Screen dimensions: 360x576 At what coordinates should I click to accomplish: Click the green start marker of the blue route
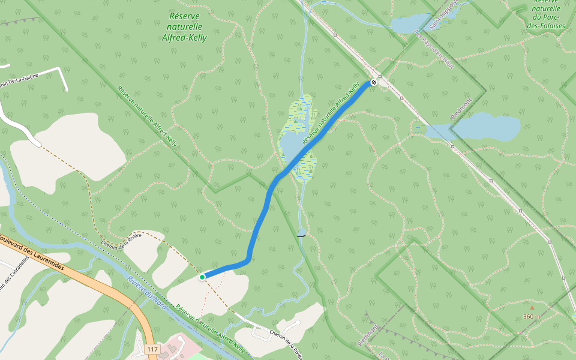[x=203, y=277]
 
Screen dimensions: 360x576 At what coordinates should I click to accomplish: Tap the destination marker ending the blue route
[x=374, y=82]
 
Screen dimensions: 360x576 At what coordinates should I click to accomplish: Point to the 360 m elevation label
[x=532, y=316]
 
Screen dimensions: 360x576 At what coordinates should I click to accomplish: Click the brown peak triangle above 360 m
[x=532, y=308]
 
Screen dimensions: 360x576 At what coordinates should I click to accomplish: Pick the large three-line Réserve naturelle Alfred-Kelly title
[x=184, y=27]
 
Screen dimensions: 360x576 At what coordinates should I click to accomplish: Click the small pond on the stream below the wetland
[x=301, y=232]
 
